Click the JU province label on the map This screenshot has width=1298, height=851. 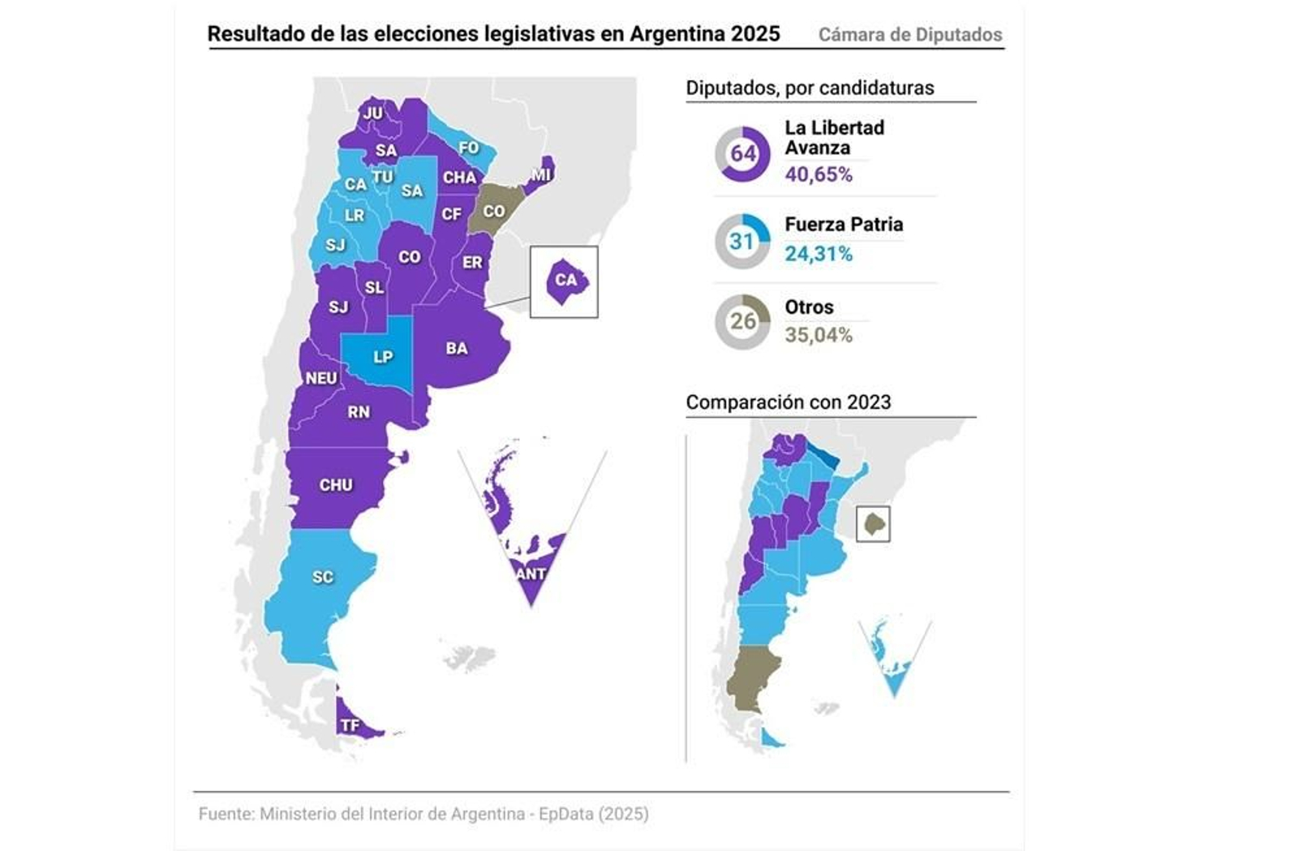tap(372, 114)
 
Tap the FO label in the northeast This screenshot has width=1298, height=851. tap(468, 148)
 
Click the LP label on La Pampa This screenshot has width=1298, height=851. tap(382, 357)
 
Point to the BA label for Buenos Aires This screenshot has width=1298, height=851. tap(456, 349)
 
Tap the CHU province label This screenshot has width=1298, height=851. tap(335, 485)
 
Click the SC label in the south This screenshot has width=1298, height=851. tap(322, 577)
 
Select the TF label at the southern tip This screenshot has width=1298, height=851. tap(350, 725)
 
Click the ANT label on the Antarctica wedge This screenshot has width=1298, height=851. tap(531, 574)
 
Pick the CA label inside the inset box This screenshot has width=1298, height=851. tap(565, 281)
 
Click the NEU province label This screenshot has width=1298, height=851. tap(321, 378)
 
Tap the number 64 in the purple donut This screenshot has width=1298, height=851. tap(742, 153)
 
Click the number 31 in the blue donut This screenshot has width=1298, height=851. tap(741, 241)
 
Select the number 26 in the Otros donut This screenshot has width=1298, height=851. tap(742, 321)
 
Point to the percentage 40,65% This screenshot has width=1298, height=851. tap(818, 174)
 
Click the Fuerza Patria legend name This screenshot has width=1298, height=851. tap(843, 225)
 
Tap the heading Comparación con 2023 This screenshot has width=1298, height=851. tap(788, 402)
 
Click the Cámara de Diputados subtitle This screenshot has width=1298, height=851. tap(909, 35)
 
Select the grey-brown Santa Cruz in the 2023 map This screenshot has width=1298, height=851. tap(751, 677)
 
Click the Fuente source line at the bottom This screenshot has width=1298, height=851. tap(423, 814)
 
